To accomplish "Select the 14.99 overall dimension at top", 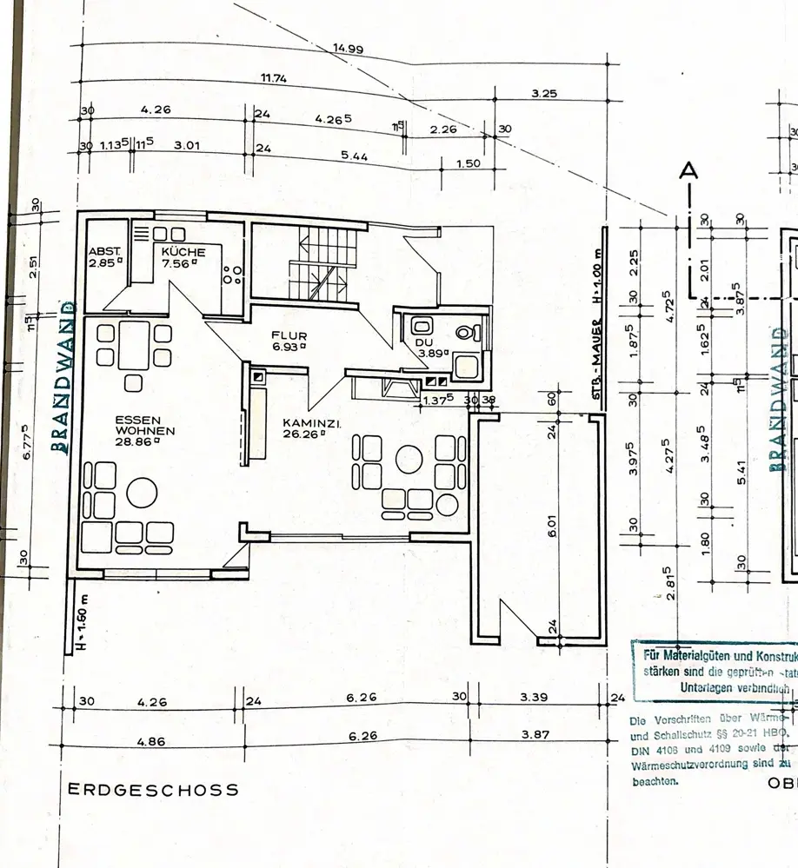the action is coord(348,49).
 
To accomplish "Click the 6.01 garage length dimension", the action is coord(553,529).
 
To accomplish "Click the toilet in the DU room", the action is coord(466,332).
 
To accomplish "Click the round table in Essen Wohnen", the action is coord(142,493).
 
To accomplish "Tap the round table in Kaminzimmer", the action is coord(407,458).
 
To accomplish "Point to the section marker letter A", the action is coord(689,172).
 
